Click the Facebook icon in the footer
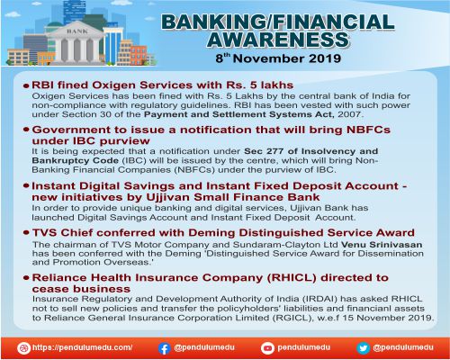tap(165, 347)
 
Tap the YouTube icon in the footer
tap(267, 347)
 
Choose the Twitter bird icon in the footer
tap(364, 347)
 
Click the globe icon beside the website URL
tap(23, 347)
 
